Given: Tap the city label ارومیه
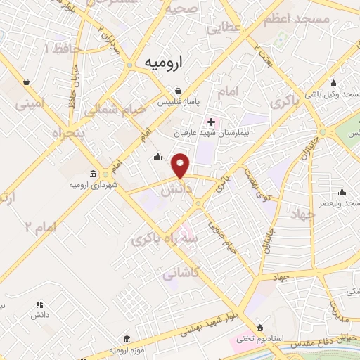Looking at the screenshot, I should tap(163, 63).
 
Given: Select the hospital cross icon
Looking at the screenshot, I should tap(211, 122).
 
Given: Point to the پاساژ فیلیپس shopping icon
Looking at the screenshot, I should tap(178, 91).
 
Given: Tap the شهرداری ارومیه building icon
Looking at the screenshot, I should tap(94, 174).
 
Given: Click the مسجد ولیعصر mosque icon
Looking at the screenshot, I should tap(342, 192).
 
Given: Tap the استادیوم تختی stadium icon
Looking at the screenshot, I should tap(260, 328).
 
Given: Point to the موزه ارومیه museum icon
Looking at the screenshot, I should tap(126, 339).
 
